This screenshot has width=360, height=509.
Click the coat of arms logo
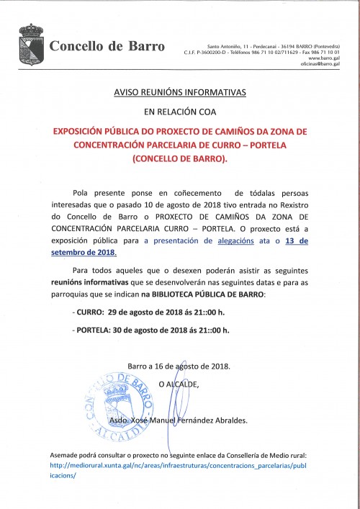point(31,45)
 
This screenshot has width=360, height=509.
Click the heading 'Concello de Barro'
point(107,47)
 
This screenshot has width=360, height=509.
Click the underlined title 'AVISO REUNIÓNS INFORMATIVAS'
point(180,93)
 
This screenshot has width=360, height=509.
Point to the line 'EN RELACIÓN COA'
point(180,112)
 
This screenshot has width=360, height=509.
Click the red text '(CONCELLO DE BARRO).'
point(180,158)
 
